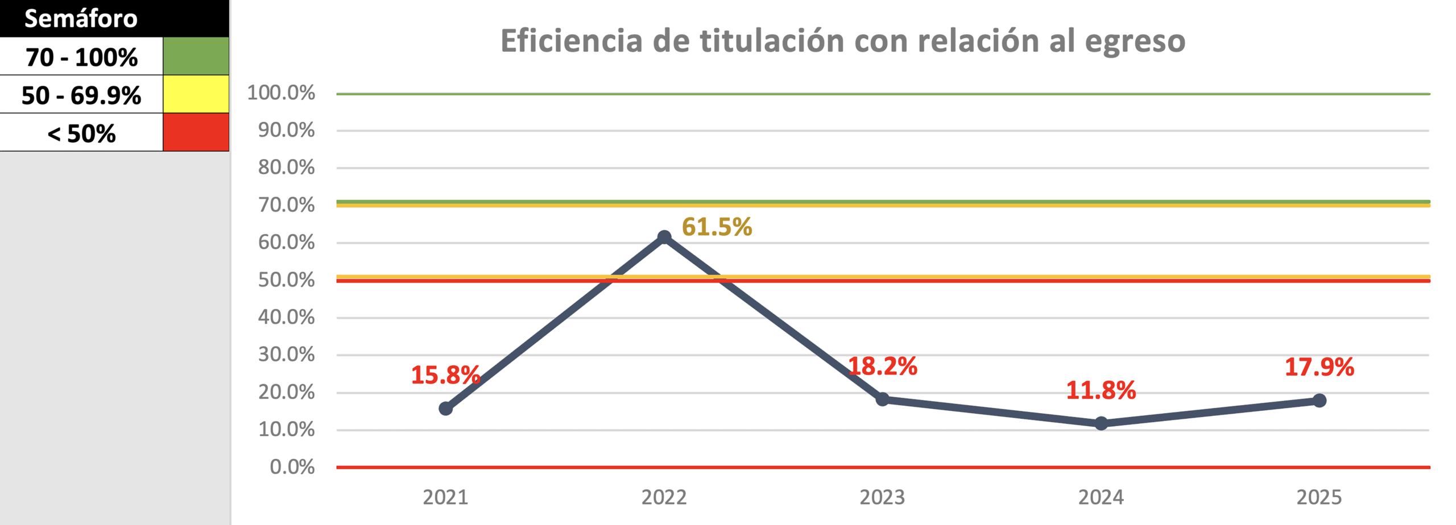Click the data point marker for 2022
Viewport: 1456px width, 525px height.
[x=664, y=237]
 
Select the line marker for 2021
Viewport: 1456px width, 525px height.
[x=446, y=409]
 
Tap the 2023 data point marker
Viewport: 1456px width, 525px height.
[x=882, y=399]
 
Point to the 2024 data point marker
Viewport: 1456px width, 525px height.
[x=1101, y=423]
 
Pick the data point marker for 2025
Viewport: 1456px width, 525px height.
[x=1319, y=401]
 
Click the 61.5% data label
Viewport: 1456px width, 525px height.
[x=717, y=227]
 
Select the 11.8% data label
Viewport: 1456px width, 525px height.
[x=1101, y=390]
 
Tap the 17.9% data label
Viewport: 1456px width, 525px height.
[x=1319, y=367]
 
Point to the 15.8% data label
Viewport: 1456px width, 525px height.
[x=445, y=375]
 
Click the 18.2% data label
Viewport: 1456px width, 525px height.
[x=883, y=366]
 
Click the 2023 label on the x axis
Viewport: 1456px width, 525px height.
[x=882, y=497]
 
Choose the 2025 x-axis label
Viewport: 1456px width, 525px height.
[x=1319, y=497]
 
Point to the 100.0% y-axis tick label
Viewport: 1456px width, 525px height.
[x=281, y=93]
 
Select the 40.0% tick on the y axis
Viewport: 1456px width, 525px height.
[x=286, y=317]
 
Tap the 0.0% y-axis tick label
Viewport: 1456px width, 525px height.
[x=292, y=467]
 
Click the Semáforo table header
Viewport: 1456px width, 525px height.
[x=81, y=19]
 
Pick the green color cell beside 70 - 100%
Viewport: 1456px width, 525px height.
[x=196, y=56]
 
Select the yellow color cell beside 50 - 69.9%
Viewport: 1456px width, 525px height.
[x=196, y=94]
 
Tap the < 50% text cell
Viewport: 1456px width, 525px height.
[x=81, y=134]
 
